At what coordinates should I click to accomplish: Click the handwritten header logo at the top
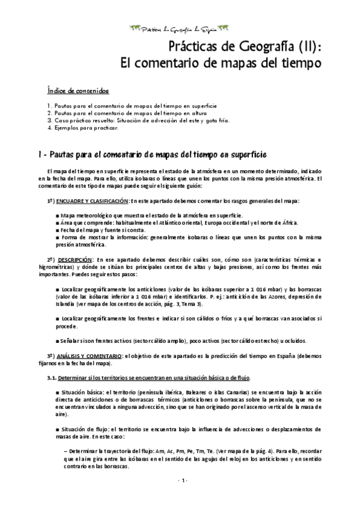point(180,28)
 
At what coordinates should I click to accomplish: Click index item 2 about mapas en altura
point(127,112)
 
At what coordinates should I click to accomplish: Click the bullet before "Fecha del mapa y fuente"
point(56,230)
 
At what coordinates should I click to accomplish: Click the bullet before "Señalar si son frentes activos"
point(56,340)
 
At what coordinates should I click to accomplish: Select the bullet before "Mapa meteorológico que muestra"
point(56,215)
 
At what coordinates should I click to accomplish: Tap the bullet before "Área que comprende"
point(56,223)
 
